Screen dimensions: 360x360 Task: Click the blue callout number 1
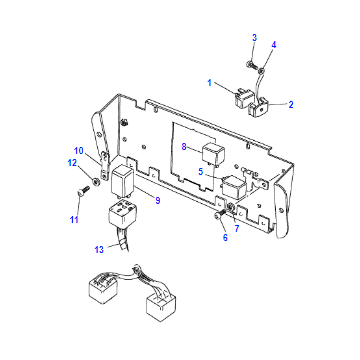point(210,83)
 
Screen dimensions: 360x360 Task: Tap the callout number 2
point(291,105)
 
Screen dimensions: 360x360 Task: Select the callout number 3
point(255,38)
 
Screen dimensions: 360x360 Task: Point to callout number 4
point(274,45)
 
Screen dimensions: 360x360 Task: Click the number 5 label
point(201,172)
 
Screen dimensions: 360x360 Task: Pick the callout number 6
point(225,238)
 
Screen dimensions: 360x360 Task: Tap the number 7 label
point(237,229)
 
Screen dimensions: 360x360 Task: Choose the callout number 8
point(184,147)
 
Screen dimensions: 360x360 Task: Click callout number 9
point(158,200)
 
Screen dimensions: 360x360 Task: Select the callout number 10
point(79,151)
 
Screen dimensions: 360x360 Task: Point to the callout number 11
point(74,220)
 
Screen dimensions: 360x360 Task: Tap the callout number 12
point(72,163)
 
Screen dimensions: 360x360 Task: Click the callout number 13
point(99,250)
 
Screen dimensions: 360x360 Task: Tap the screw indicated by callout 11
point(84,190)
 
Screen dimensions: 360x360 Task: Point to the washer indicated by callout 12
point(96,182)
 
